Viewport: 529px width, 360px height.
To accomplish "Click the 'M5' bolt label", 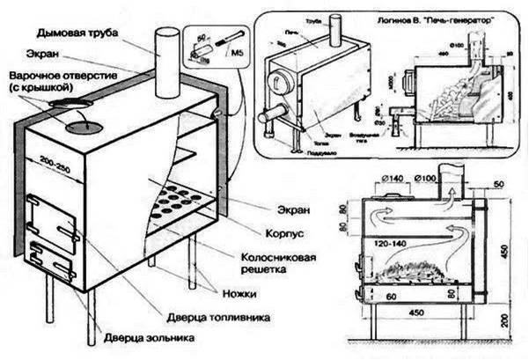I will (x=237, y=61).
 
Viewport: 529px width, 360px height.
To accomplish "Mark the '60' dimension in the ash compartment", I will (x=385, y=298).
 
